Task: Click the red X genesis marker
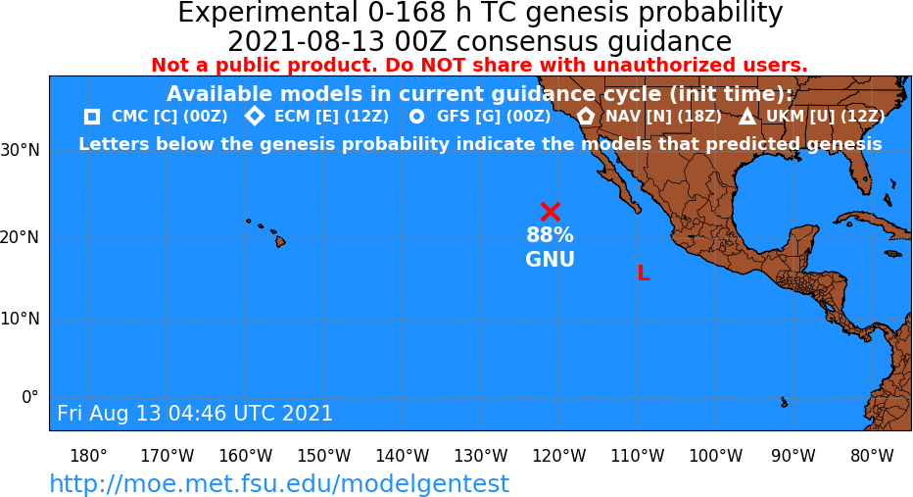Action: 551,212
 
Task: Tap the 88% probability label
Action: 551,235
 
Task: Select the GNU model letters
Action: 551,259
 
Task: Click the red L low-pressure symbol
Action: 644,273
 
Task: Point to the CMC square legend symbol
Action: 92,117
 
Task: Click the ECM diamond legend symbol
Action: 255,116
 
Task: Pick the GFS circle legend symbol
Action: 417,117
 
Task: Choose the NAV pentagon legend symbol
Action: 586,116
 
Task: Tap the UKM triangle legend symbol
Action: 747,117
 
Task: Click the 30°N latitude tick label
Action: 21,151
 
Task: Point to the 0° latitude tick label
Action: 30,397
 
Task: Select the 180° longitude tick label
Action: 88,455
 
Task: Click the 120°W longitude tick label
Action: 559,455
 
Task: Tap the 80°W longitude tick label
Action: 872,455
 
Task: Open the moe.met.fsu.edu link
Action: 279,483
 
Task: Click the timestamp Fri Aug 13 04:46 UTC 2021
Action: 195,413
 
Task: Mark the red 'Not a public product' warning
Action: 479,65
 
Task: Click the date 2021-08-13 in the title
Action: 306,42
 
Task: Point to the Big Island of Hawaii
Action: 280,240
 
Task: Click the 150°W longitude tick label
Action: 323,455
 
